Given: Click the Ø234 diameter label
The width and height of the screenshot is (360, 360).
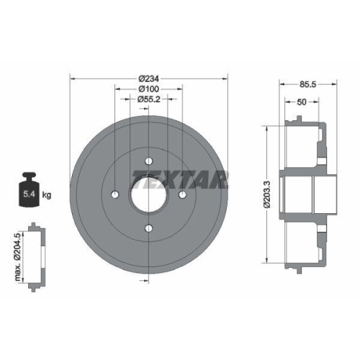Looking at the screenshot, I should (149, 77).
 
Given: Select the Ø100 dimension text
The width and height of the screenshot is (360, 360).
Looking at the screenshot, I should (149, 89).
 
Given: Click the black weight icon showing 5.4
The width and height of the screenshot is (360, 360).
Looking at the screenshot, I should (30, 191).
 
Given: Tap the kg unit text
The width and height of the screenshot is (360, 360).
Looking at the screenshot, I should (47, 194).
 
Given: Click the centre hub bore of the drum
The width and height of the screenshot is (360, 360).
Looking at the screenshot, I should (149, 194).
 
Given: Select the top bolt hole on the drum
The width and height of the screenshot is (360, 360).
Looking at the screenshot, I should (149, 161).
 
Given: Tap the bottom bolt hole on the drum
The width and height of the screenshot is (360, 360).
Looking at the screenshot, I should (149, 228).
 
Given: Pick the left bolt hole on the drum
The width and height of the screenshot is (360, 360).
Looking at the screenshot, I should (116, 194).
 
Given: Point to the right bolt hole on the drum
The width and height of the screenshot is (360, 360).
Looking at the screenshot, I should (183, 194).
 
